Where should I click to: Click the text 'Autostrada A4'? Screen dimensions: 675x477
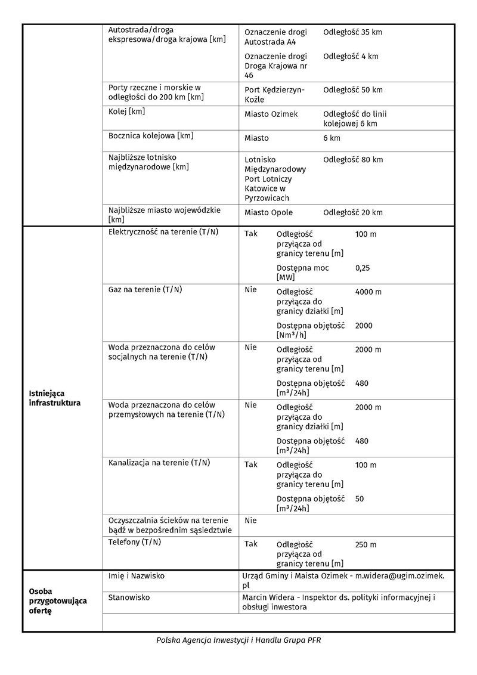270,42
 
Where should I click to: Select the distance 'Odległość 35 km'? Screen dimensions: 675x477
352,32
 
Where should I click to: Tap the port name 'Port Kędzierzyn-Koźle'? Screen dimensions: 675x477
274,95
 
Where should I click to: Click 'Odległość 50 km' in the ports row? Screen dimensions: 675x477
352,90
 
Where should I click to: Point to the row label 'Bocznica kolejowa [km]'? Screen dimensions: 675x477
151,136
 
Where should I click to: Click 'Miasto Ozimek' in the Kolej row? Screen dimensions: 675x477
271,114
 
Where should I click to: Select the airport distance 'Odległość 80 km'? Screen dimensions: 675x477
352,160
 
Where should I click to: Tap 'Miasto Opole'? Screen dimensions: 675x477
268,213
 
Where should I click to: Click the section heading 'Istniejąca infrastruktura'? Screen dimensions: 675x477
54,398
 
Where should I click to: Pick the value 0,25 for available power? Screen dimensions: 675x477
363,268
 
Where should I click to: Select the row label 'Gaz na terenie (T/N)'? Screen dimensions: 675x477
145,290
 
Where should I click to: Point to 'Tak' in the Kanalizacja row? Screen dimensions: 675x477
251,465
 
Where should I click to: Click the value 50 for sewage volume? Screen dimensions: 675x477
360,498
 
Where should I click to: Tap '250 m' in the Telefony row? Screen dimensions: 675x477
366,545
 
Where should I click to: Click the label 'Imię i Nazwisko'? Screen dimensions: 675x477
137,576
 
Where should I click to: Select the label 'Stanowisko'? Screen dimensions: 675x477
129,597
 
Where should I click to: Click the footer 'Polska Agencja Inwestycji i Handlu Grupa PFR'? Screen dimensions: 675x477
238,640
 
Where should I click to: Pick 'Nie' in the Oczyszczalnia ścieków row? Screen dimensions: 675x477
250,521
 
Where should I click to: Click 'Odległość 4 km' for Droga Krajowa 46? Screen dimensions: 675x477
351,57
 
